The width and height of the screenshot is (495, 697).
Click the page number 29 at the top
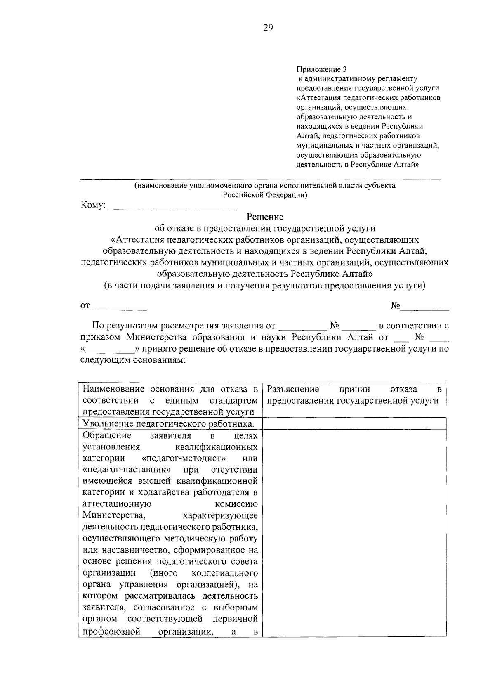(268, 28)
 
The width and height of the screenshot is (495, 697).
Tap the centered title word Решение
(265, 217)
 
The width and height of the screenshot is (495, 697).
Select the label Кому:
(93, 206)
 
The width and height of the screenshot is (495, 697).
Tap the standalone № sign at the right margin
(395, 306)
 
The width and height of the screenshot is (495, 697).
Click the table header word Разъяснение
(293, 389)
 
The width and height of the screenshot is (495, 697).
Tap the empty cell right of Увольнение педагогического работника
(354, 423)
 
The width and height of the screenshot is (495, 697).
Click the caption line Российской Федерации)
(265, 195)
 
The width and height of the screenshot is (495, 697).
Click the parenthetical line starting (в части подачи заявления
(264, 286)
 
